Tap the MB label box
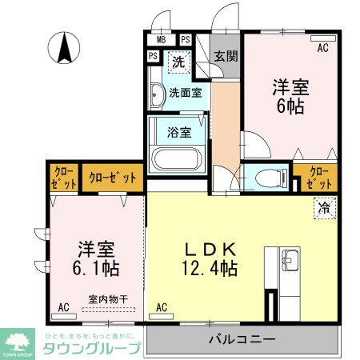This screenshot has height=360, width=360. (x=161, y=39)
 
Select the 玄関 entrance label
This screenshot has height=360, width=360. (x=226, y=56)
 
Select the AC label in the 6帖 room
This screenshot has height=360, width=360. (x=323, y=48)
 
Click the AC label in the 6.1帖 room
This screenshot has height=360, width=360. (x=63, y=306)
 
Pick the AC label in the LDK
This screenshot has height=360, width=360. (x=162, y=306)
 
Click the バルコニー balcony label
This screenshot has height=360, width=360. (x=242, y=339)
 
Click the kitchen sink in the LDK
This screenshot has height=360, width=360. (x=290, y=260)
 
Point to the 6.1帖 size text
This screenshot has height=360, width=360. (x=89, y=266)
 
